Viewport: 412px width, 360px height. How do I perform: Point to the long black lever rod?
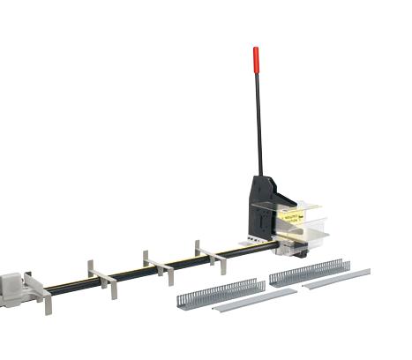click(258, 124)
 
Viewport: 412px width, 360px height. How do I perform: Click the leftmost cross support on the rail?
click(41, 290)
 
